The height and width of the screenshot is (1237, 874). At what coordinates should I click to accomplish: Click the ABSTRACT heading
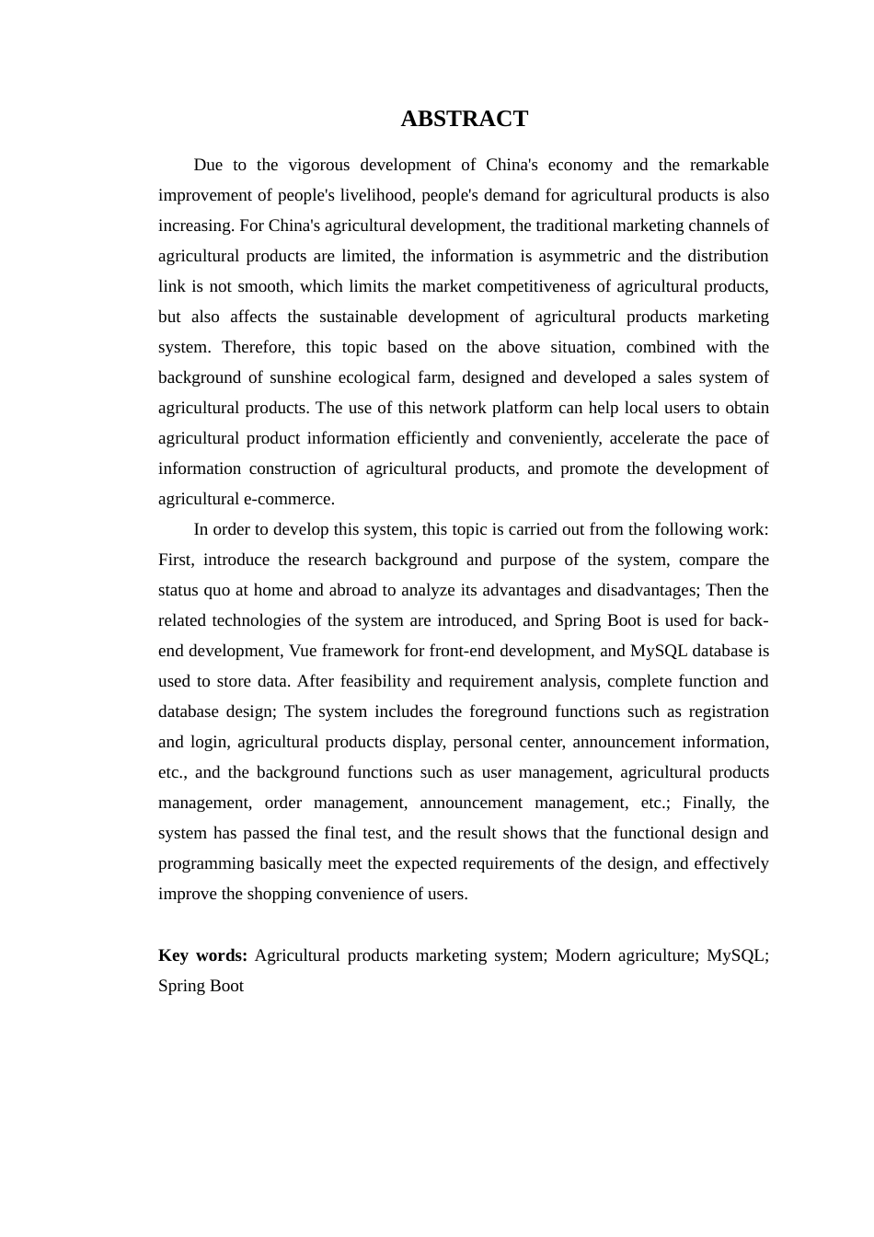click(464, 119)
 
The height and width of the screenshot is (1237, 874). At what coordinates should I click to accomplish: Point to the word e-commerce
click(288, 499)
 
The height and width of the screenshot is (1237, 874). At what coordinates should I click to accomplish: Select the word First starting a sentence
click(175, 560)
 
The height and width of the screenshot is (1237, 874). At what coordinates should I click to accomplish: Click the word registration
click(729, 711)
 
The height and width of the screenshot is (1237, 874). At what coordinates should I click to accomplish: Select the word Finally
click(708, 803)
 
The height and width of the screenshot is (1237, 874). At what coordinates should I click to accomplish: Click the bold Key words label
click(202, 955)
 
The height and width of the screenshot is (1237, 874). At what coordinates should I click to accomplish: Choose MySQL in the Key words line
click(737, 955)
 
